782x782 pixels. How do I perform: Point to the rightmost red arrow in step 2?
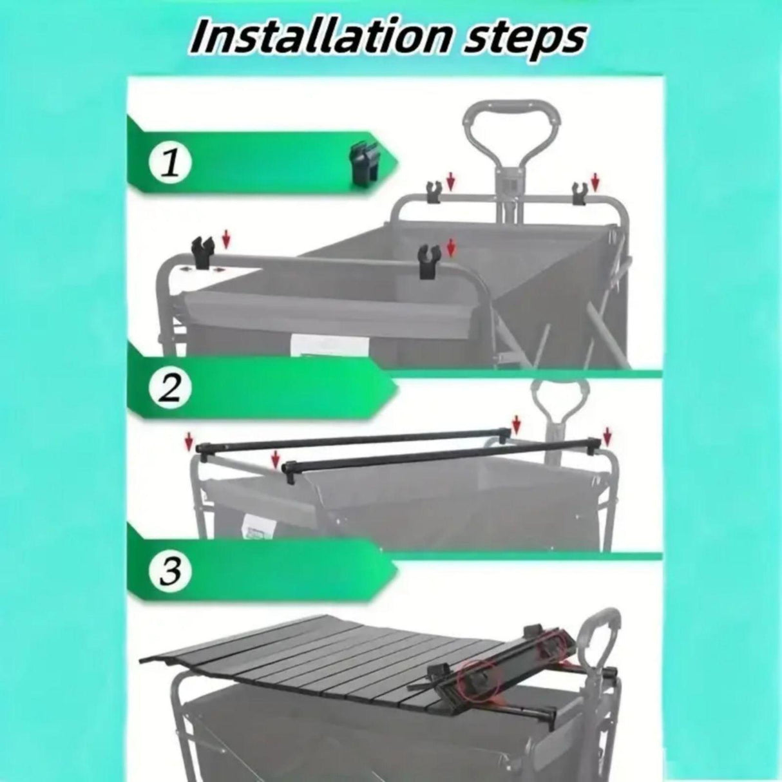606,435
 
